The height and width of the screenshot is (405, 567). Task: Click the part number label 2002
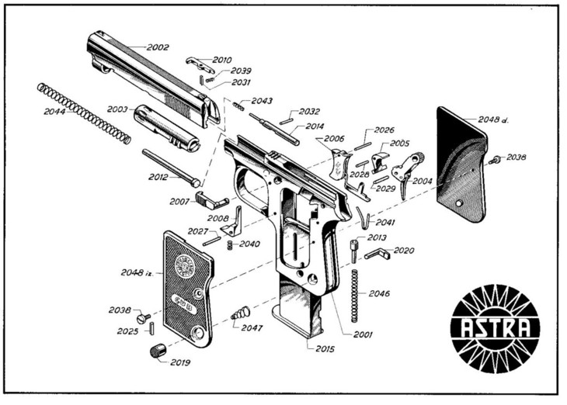[x=158, y=47]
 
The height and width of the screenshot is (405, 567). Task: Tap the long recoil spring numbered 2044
[x=84, y=113]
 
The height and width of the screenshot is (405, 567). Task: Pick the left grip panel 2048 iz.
[x=187, y=286]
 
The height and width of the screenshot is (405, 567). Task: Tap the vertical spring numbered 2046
[x=357, y=296]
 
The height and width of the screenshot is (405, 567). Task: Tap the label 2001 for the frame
[x=363, y=334]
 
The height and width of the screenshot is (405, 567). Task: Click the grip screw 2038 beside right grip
[x=494, y=160]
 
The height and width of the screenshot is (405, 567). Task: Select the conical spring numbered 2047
[x=240, y=313]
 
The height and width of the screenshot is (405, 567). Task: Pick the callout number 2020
[x=405, y=251]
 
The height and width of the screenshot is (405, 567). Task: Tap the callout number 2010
[x=221, y=60]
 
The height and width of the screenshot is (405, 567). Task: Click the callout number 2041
[x=385, y=223]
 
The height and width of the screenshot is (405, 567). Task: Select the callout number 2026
[x=384, y=130]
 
